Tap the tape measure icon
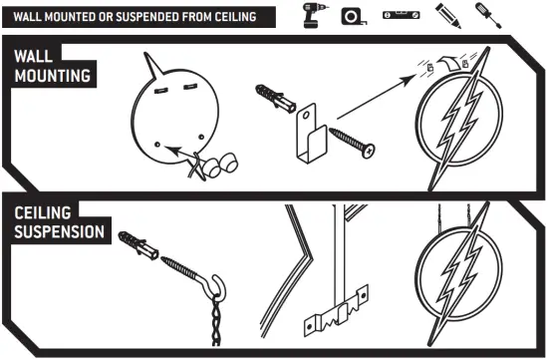tap(354, 16)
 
